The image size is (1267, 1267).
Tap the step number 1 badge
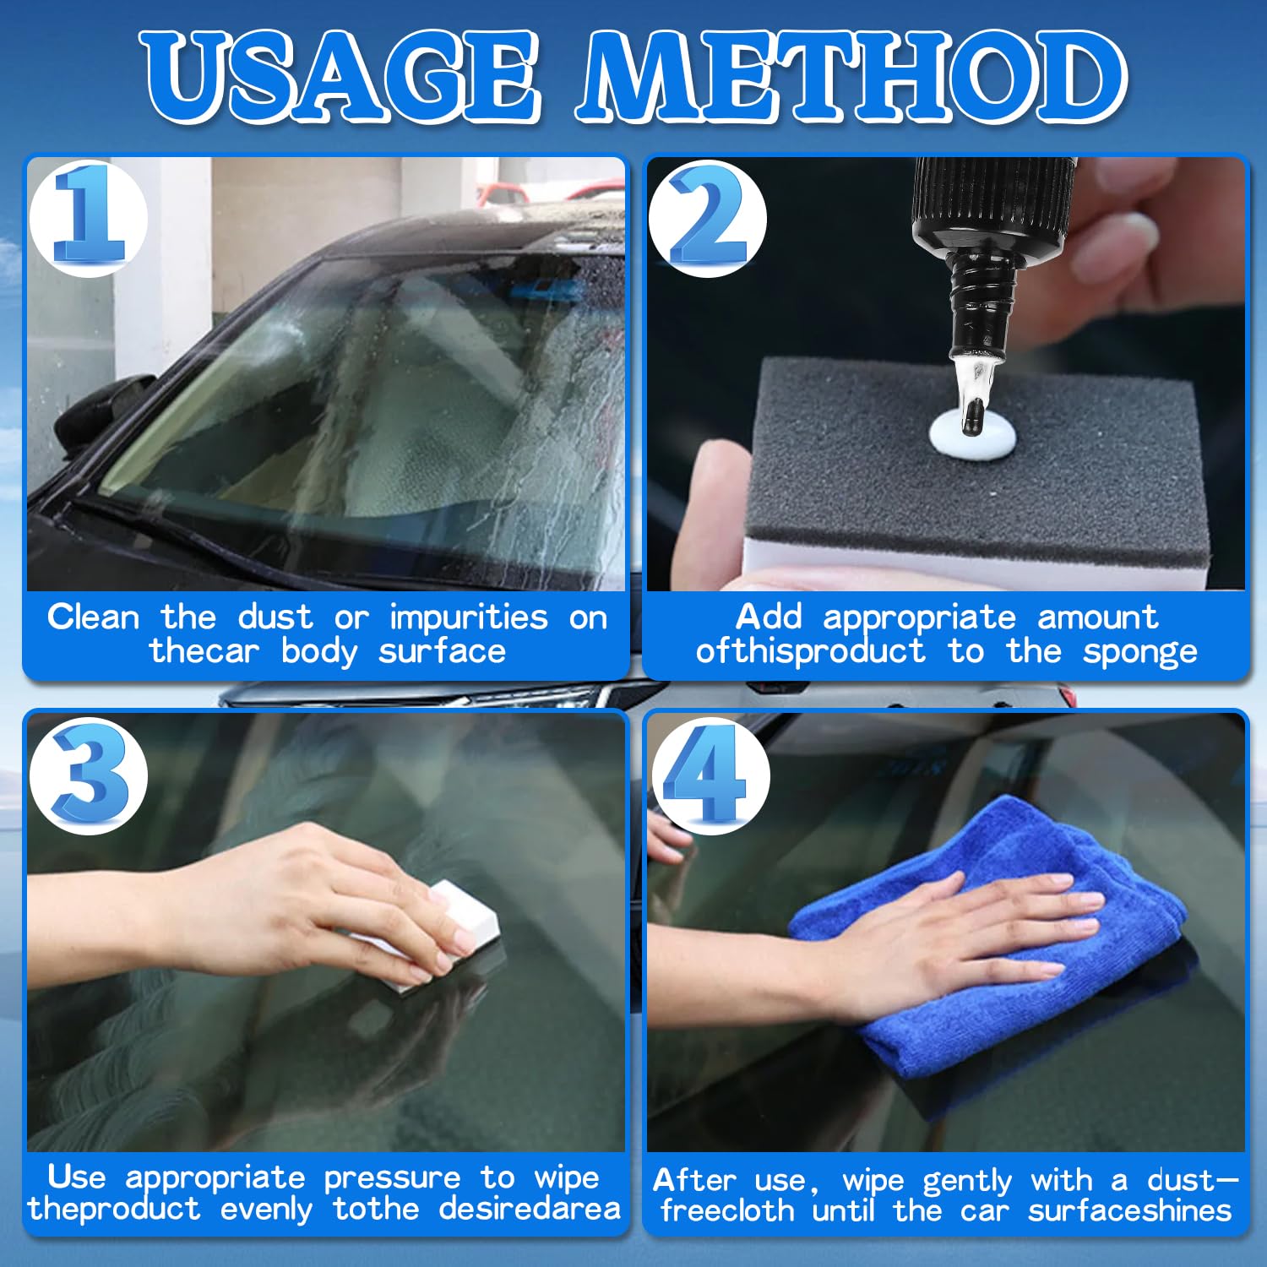click(x=89, y=217)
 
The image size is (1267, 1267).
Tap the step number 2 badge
click(x=708, y=217)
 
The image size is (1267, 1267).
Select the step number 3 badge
click(x=89, y=775)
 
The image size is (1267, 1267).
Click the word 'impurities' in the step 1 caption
click(x=468, y=617)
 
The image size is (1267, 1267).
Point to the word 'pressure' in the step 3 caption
click(x=392, y=1177)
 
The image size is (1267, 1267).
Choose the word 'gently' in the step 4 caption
click(x=966, y=1181)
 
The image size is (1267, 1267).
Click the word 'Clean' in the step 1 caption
click(x=93, y=617)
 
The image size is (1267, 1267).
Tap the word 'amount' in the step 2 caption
click(x=1097, y=617)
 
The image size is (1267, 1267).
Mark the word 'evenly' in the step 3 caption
click(x=266, y=1210)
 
